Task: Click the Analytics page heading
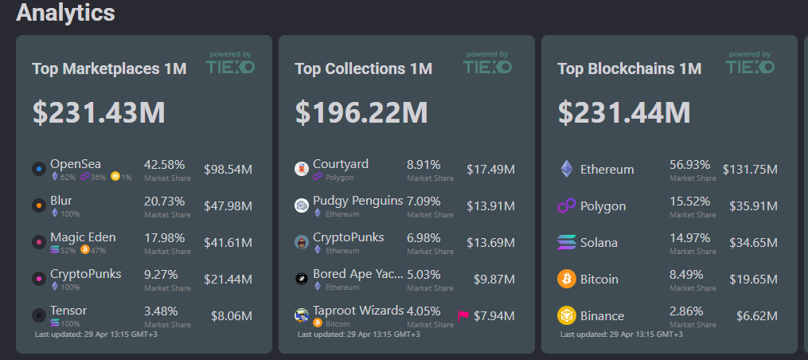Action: tap(65, 13)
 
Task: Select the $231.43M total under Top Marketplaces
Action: tap(99, 112)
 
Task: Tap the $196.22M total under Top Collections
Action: tap(361, 112)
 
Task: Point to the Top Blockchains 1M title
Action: tap(629, 69)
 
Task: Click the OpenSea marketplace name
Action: tap(76, 164)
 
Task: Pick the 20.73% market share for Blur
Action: tap(164, 201)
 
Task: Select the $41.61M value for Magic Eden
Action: tap(228, 243)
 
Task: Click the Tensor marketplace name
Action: tap(68, 311)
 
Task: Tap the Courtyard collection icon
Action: tap(302, 169)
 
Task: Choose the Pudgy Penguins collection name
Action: tap(357, 201)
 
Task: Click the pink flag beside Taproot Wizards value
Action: tap(463, 316)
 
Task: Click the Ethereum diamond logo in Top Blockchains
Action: tap(567, 169)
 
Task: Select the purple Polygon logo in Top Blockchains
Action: tap(567, 206)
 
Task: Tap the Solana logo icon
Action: tap(567, 243)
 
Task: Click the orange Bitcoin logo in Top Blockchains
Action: tap(567, 280)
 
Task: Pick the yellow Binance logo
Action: tap(567, 316)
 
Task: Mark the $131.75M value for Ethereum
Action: tap(750, 169)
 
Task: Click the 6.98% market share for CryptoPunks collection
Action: tap(424, 237)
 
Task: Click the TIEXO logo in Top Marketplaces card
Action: tap(230, 65)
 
